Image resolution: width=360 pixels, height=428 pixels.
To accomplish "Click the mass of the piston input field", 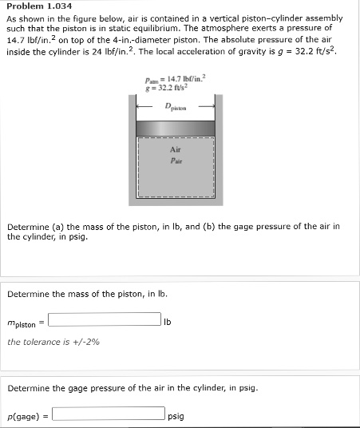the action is tap(104, 322).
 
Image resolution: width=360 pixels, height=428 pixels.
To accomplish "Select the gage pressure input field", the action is tap(109, 415).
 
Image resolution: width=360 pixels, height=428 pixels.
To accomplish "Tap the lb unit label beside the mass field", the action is tap(167, 323).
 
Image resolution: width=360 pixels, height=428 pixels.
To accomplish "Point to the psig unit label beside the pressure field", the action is tap(176, 416).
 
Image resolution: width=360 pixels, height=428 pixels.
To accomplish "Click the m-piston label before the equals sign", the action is tap(22, 323).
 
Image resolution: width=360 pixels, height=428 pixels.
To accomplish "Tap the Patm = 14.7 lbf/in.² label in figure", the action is tap(176, 78).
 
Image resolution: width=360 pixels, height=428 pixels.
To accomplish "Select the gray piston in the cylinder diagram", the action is tap(176, 128).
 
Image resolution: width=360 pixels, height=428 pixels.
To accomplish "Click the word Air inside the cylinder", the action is tap(176, 149).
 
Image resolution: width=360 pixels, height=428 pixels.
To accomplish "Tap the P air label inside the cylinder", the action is tap(176, 158).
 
